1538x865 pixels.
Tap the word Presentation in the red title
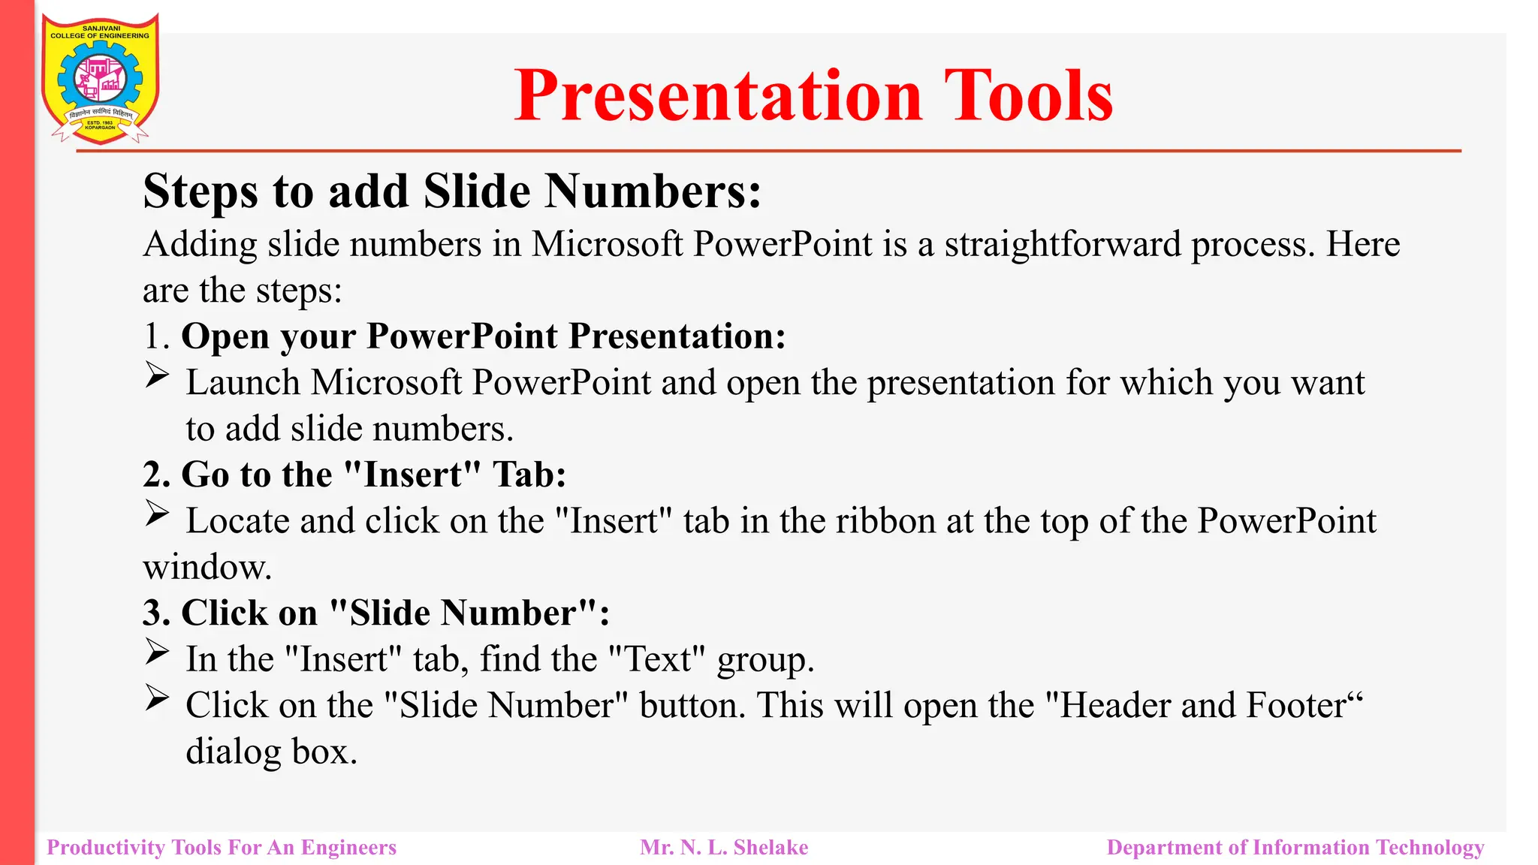pyautogui.click(x=718, y=96)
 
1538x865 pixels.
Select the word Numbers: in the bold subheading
pyautogui.click(x=653, y=191)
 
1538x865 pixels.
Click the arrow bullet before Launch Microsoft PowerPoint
pyautogui.click(x=157, y=375)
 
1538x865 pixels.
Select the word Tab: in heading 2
pyautogui.click(x=529, y=475)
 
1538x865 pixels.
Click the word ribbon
pyautogui.click(x=886, y=521)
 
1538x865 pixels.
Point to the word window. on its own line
pyautogui.click(x=207, y=568)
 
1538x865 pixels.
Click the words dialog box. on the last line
pyautogui.click(x=272, y=752)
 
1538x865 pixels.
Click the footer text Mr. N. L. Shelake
pyautogui.click(x=724, y=848)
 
